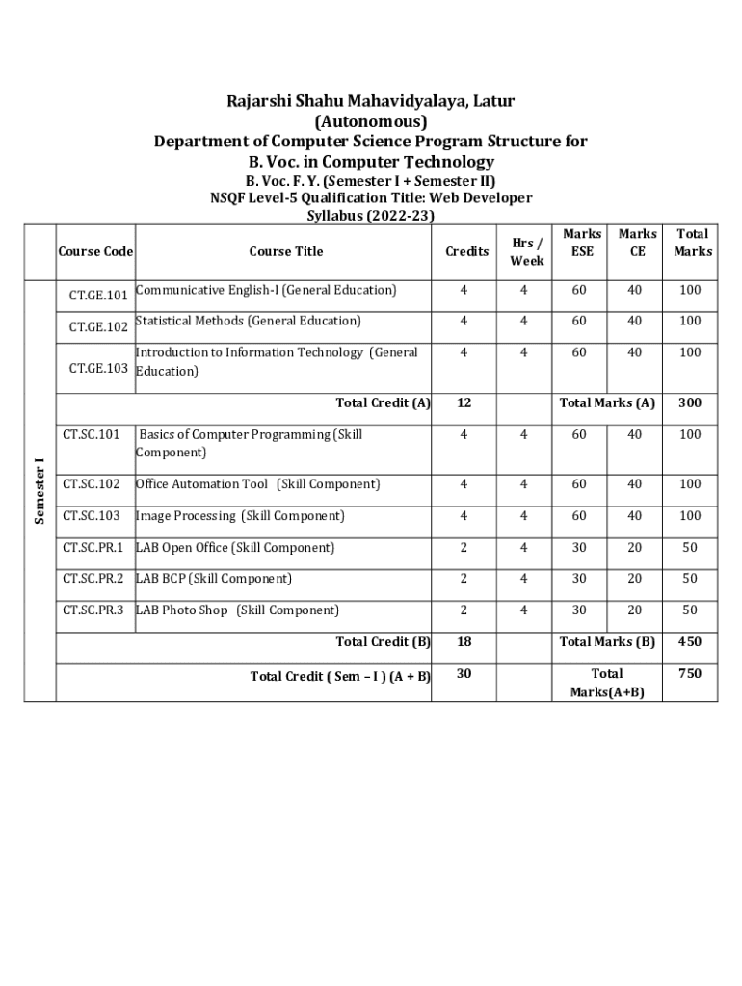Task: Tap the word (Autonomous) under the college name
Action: (370, 121)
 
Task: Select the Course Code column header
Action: (95, 252)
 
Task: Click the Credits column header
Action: (466, 252)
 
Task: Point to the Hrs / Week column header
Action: (527, 252)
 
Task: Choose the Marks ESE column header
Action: (582, 243)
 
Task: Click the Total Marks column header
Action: (693, 243)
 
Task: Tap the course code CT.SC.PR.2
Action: (93, 579)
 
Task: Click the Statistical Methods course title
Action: (248, 321)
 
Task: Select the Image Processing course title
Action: (240, 516)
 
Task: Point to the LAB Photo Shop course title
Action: (237, 610)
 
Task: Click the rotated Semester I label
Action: (40, 491)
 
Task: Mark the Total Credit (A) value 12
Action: (464, 403)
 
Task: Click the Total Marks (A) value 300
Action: (689, 403)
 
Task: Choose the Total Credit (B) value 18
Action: (464, 642)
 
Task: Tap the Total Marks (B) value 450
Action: (689, 642)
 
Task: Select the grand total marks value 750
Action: (689, 674)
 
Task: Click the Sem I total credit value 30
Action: (464, 674)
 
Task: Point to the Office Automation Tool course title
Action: (257, 484)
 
